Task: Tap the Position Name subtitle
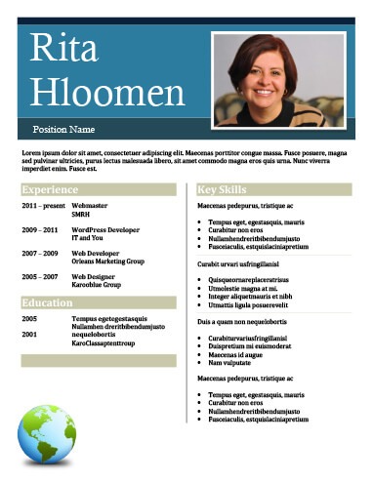click(63, 129)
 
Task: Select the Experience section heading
click(50, 189)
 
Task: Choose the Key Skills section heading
click(222, 189)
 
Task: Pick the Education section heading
click(48, 303)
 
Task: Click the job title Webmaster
click(90, 207)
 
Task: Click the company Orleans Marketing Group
click(107, 261)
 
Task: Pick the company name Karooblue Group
click(97, 285)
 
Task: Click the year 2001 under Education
click(29, 335)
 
